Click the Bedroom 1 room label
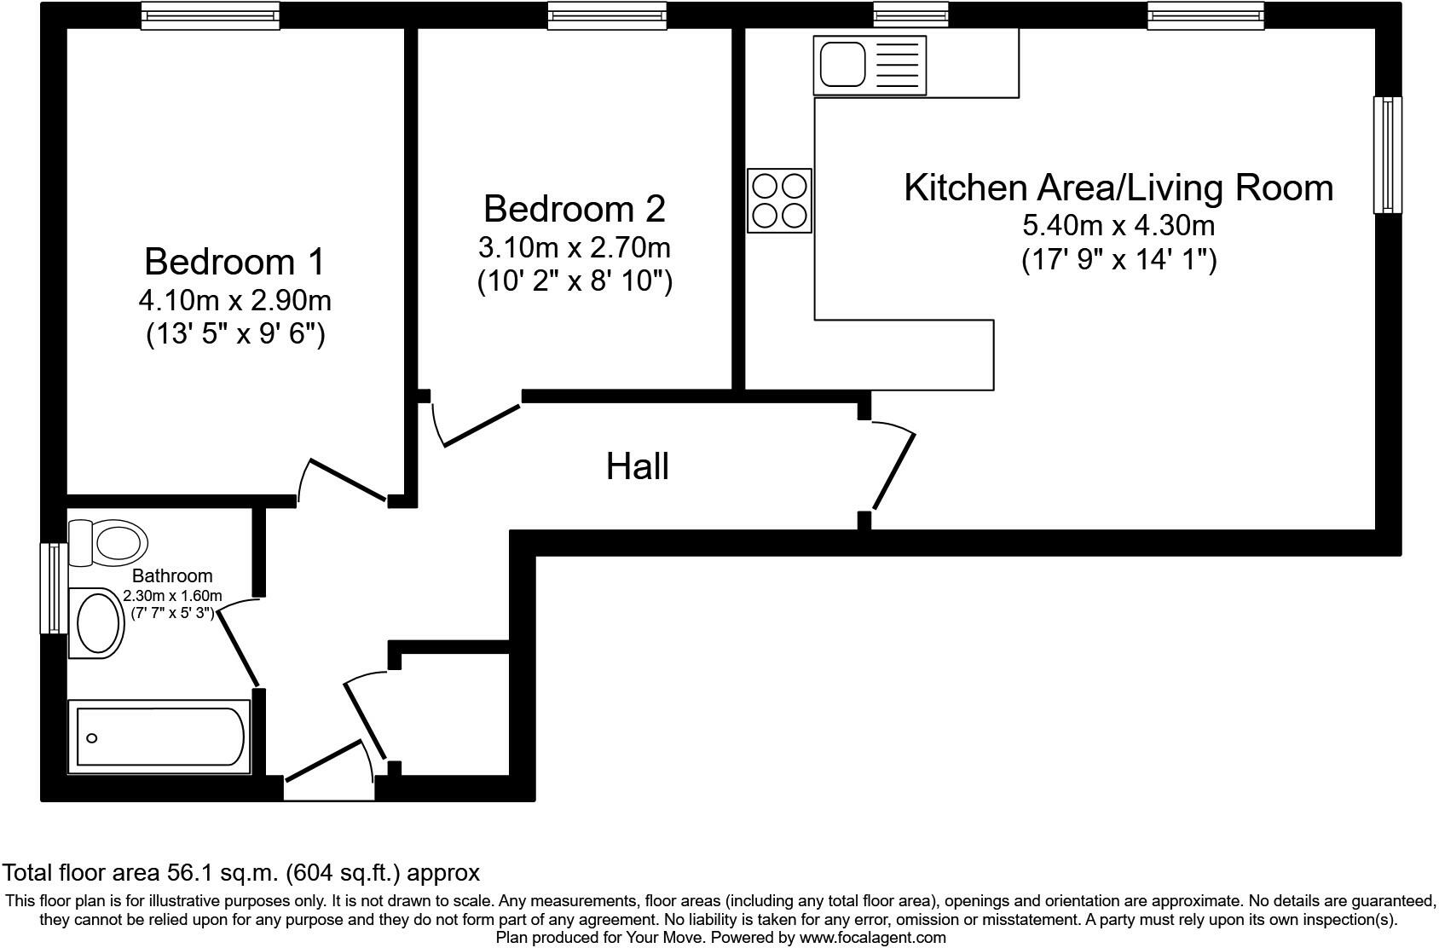tap(234, 262)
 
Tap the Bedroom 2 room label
tap(575, 209)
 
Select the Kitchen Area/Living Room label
tap(1118, 188)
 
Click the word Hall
tap(638, 466)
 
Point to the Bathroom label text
tap(172, 575)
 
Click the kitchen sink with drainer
tap(870, 64)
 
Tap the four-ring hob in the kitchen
tap(779, 200)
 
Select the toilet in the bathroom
tap(107, 543)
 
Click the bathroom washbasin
tap(96, 623)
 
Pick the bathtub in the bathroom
tap(159, 737)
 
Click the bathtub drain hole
tap(92, 738)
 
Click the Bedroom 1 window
tap(210, 15)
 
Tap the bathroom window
tap(54, 588)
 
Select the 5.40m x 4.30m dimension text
tap(1118, 225)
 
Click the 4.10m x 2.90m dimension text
tap(234, 300)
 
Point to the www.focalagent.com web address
tap(872, 938)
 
